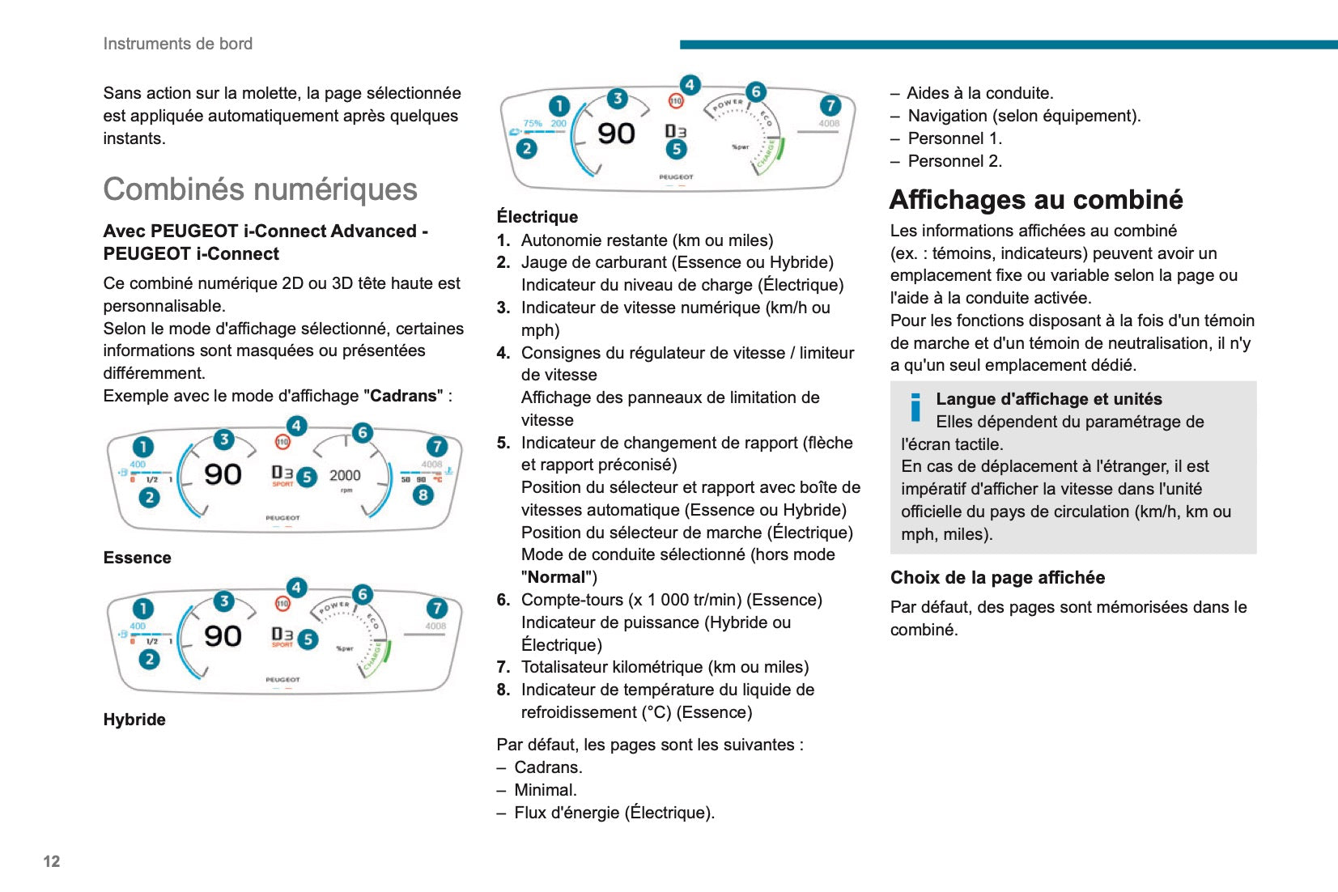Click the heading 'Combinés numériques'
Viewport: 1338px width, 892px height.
pyautogui.click(x=260, y=189)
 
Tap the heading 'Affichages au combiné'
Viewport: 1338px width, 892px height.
pyautogui.click(x=1036, y=200)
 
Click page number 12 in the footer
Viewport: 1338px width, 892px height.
pyautogui.click(x=52, y=861)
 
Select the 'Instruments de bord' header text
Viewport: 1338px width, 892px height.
pyautogui.click(x=178, y=44)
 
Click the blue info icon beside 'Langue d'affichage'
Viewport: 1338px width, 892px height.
pyautogui.click(x=915, y=407)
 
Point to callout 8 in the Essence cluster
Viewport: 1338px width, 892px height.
pyautogui.click(x=423, y=495)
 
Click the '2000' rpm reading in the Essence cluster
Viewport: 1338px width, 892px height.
pyautogui.click(x=345, y=476)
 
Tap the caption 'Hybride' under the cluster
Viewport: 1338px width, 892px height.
pyautogui.click(x=134, y=720)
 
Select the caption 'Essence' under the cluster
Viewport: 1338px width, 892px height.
pyautogui.click(x=138, y=558)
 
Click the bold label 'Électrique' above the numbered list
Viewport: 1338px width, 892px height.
pyautogui.click(x=537, y=217)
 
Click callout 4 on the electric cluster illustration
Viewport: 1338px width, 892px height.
pyautogui.click(x=690, y=85)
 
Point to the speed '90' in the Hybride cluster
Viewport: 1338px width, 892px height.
pyautogui.click(x=223, y=636)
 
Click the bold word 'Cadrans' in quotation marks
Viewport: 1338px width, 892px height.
pyautogui.click(x=403, y=396)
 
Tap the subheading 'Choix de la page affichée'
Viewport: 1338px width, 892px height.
pyautogui.click(x=997, y=578)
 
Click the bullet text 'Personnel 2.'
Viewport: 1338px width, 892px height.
pyautogui.click(x=955, y=161)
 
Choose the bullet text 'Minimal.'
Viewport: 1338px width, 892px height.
pyautogui.click(x=546, y=790)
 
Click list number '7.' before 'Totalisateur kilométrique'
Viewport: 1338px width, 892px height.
pyautogui.click(x=503, y=667)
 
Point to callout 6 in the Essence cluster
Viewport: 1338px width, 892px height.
pyautogui.click(x=363, y=433)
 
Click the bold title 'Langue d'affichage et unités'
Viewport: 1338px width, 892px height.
pyautogui.click(x=1049, y=399)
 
